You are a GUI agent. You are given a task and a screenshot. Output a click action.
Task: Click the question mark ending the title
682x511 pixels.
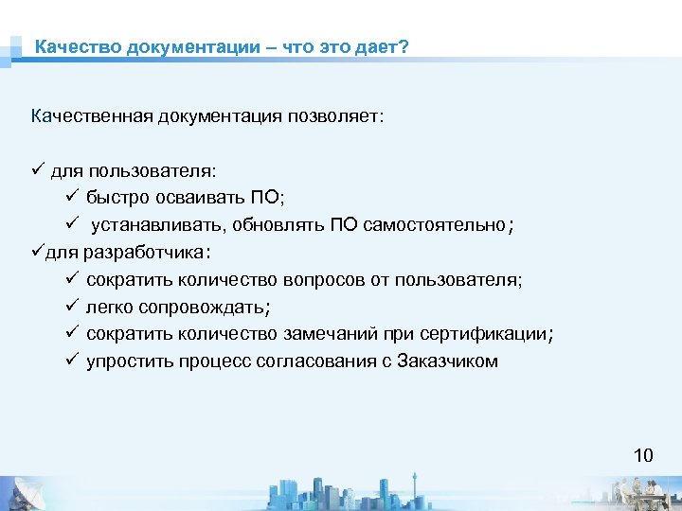tap(404, 46)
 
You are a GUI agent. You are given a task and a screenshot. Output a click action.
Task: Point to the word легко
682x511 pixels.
tap(109, 308)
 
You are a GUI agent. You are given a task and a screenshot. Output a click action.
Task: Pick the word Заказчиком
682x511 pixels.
tap(448, 361)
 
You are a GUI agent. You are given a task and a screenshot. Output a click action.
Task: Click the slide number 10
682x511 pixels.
tap(643, 456)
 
